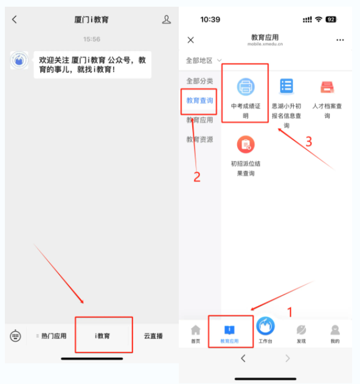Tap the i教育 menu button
(103, 336)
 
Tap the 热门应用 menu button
(54, 336)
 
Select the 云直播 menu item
(153, 336)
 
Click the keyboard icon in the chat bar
(15, 336)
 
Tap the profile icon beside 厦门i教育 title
(167, 19)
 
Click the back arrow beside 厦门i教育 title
(15, 19)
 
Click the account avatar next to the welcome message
(19, 60)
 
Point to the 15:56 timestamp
(92, 39)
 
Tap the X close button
(191, 40)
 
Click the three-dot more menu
(340, 40)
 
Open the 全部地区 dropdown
(204, 60)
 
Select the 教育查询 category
(199, 100)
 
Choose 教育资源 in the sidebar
(199, 139)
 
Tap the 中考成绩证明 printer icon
(246, 86)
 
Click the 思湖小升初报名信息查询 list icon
(286, 86)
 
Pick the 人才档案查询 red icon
(327, 87)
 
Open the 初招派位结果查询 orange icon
(246, 144)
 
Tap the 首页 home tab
(196, 333)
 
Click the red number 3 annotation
(309, 142)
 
